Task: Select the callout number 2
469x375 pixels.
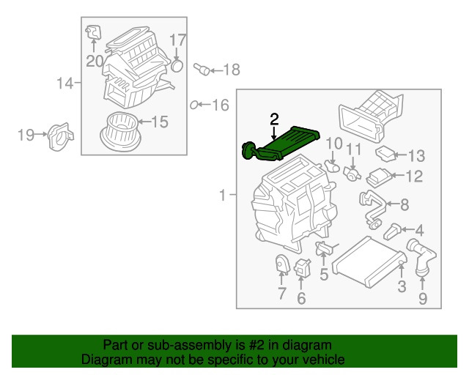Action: pyautogui.click(x=274, y=119)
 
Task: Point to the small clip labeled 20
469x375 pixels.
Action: pyautogui.click(x=92, y=31)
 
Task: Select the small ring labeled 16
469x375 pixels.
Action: pyautogui.click(x=193, y=105)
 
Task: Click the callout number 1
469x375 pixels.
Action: pyautogui.click(x=223, y=196)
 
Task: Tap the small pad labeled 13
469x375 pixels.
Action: pyautogui.click(x=384, y=154)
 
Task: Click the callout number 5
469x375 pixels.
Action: pyautogui.click(x=323, y=275)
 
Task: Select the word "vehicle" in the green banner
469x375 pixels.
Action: pyautogui.click(x=320, y=360)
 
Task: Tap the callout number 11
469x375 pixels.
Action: pyautogui.click(x=354, y=149)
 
